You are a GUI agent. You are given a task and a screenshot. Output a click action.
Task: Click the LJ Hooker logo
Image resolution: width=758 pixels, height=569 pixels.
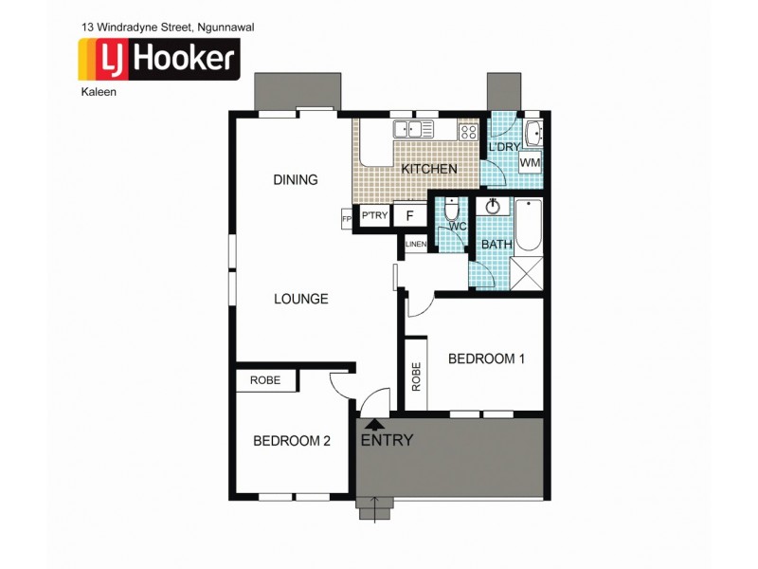[x=157, y=59]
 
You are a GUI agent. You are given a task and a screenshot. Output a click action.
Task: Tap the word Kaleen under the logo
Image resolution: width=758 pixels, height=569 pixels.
[x=97, y=92]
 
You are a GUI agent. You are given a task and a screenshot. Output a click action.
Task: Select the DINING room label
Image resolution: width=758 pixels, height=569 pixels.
[x=295, y=180]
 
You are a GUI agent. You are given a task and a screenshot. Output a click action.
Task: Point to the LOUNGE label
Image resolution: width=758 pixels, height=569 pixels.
[x=300, y=299]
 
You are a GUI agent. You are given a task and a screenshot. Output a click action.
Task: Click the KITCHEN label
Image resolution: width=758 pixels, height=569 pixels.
[x=429, y=169]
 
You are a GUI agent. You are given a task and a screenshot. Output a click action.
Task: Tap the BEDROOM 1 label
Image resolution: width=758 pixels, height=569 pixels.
[x=486, y=358]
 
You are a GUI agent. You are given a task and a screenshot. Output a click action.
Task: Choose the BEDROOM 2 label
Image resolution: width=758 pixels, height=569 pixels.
[x=292, y=440]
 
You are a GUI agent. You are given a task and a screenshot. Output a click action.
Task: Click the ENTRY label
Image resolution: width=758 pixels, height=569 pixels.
[x=387, y=440]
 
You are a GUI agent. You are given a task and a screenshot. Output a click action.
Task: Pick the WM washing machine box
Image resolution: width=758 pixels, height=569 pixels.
[x=531, y=162]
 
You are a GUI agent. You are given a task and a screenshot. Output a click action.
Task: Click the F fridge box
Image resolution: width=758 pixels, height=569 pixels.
[x=409, y=216]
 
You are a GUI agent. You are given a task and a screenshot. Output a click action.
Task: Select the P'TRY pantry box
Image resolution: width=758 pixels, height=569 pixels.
[x=375, y=216]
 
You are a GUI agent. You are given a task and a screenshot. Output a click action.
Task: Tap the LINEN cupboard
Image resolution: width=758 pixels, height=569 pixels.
[x=415, y=245]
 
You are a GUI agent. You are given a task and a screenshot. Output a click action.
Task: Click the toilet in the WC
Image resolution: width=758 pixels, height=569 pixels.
[x=452, y=210]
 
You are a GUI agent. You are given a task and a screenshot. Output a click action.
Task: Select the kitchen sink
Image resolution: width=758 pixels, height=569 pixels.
[x=414, y=129]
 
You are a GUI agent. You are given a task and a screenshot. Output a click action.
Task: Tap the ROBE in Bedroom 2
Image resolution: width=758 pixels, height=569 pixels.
[x=265, y=380]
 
